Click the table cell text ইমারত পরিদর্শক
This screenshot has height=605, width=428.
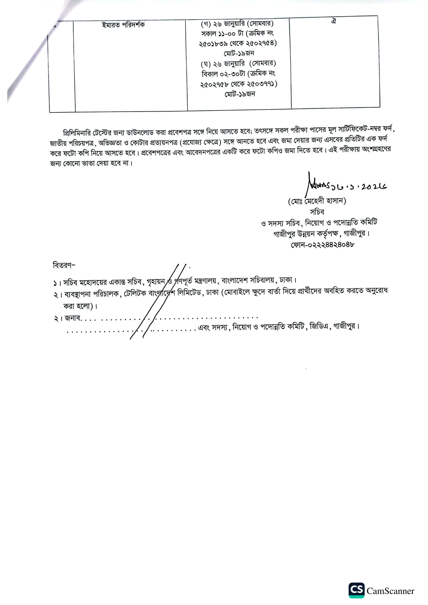click(123, 25)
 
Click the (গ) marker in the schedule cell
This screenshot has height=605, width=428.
click(205, 24)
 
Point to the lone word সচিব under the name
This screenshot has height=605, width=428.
click(317, 212)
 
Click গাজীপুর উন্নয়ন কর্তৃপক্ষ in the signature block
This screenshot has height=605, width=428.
click(306, 234)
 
